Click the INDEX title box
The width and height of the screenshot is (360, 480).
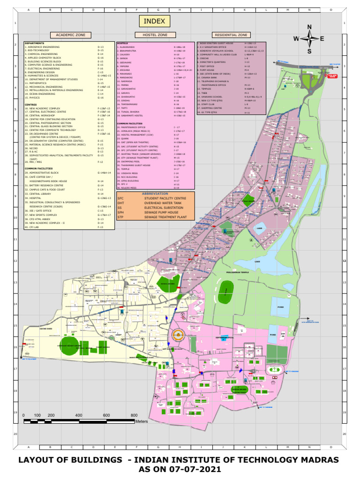pos(154,21)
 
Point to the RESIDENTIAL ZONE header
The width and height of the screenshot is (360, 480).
pos(231,35)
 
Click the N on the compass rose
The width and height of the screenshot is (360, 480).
pos(309,27)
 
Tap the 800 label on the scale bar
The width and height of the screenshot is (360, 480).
pos(134,415)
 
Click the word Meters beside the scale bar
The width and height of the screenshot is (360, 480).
pos(142,422)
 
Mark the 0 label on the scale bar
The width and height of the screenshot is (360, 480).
pos(24,415)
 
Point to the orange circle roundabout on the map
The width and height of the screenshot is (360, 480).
pos(177,335)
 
